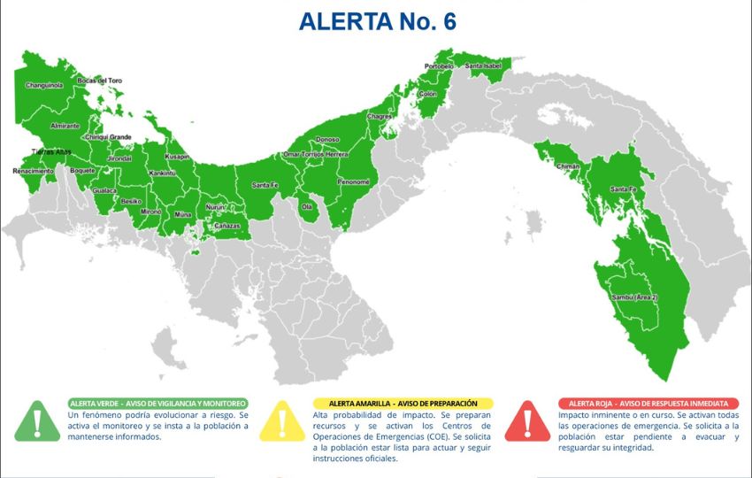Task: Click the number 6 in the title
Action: [x=449, y=21]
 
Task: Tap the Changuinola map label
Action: [x=44, y=86]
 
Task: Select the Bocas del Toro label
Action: [x=100, y=81]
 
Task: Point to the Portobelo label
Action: [x=440, y=66]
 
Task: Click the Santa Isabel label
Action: [x=484, y=66]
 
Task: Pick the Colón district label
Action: [x=428, y=94]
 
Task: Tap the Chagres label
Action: [x=380, y=116]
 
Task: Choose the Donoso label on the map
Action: [x=327, y=140]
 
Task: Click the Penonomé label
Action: [x=353, y=181]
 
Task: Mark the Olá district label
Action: [x=308, y=206]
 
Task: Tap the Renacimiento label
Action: [x=32, y=171]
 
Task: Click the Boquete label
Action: [x=82, y=170]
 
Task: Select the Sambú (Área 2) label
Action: [x=634, y=297]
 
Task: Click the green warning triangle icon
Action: [x=37, y=420]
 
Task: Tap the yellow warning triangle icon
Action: [x=283, y=420]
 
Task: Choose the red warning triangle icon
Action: [x=528, y=420]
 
